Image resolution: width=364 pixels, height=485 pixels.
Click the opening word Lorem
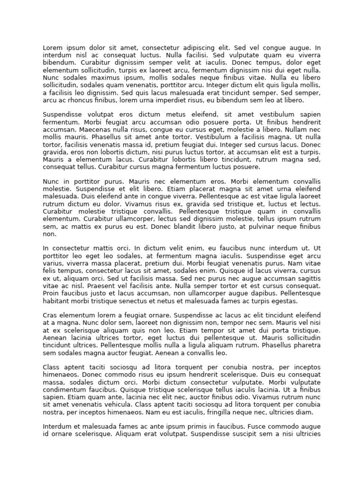coord(53,48)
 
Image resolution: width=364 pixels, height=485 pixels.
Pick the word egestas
coord(284,301)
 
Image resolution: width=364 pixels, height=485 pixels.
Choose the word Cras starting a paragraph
coord(51,315)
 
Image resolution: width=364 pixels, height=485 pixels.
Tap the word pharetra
coord(305,345)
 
